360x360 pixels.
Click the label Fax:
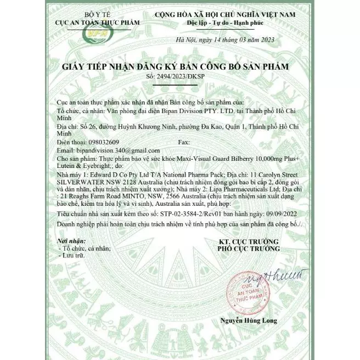[x=184, y=142]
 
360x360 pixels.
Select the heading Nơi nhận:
[x=71, y=241]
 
